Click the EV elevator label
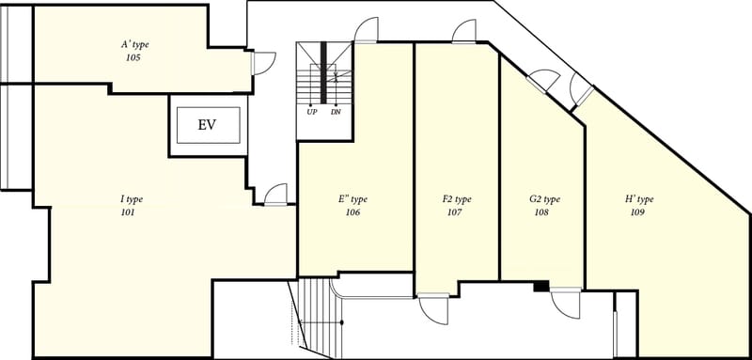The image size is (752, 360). click(x=207, y=125)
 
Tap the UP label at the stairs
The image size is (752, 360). click(x=310, y=113)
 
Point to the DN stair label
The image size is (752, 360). click(x=336, y=113)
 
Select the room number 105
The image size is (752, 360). click(x=134, y=58)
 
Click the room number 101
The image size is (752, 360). click(x=128, y=212)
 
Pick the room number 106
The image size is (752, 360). click(x=352, y=212)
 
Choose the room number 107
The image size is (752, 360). click(x=454, y=212)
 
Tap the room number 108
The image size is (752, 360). click(x=541, y=212)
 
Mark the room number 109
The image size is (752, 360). click(x=637, y=212)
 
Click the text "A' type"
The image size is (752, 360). click(x=134, y=45)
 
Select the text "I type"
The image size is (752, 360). click(x=132, y=200)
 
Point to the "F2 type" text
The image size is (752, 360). click(x=457, y=200)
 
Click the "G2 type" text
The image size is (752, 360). click(x=544, y=200)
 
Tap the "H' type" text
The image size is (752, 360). click(x=639, y=200)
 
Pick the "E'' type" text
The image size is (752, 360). click(x=352, y=200)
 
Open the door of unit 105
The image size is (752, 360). click(x=263, y=63)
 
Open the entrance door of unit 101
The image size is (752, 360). click(x=275, y=196)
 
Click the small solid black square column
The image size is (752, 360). click(x=540, y=287)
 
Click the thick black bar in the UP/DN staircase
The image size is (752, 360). click(x=323, y=72)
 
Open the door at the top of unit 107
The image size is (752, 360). click(x=463, y=32)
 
